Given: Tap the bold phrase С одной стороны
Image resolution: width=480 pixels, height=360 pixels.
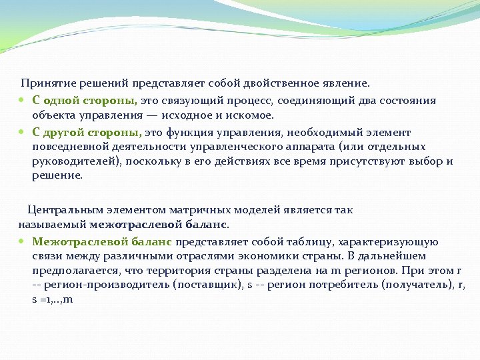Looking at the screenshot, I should point(85,101).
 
